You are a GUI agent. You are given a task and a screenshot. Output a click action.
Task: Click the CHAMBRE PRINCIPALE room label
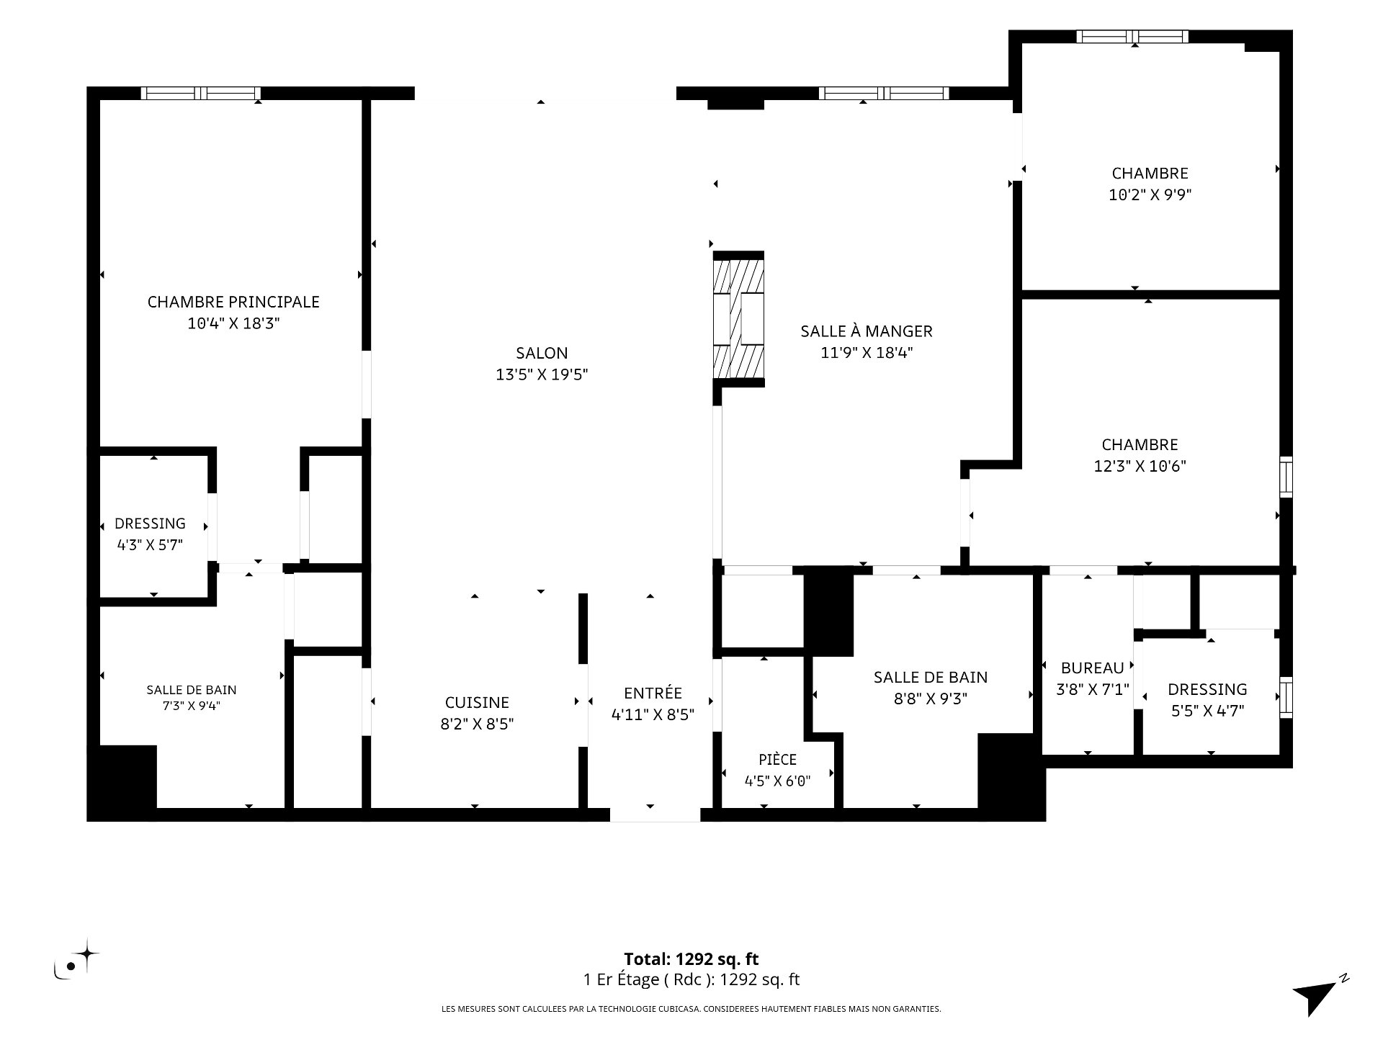[x=233, y=302]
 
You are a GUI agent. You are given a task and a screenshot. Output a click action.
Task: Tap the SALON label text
[x=542, y=353]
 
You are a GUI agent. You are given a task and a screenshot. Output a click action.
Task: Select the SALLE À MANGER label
[x=867, y=331]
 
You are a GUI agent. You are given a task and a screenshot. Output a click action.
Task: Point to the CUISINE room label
[x=477, y=702]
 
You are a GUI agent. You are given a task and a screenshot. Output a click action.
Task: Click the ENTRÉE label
[x=653, y=693]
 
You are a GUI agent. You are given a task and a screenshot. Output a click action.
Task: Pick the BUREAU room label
[x=1092, y=668]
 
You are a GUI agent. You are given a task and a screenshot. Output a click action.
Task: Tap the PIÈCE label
[x=778, y=760]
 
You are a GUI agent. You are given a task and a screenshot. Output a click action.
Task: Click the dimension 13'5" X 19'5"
[x=542, y=374]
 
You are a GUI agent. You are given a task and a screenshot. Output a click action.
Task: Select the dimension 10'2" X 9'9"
[x=1150, y=194]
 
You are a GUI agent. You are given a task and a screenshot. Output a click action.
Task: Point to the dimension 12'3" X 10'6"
[x=1140, y=466]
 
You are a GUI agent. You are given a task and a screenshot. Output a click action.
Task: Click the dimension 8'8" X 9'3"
[x=931, y=699]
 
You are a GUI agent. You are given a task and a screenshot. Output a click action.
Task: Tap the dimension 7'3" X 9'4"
[x=192, y=706]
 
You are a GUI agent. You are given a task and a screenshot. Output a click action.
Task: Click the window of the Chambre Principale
[x=201, y=93]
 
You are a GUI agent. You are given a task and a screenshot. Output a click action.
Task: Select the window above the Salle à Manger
[x=884, y=93]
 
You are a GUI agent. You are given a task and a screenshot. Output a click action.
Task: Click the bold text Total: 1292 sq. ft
[x=691, y=959]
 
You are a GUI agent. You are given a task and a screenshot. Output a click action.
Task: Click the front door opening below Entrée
[x=655, y=815]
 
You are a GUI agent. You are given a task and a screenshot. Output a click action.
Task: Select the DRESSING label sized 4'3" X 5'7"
[x=150, y=524]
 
